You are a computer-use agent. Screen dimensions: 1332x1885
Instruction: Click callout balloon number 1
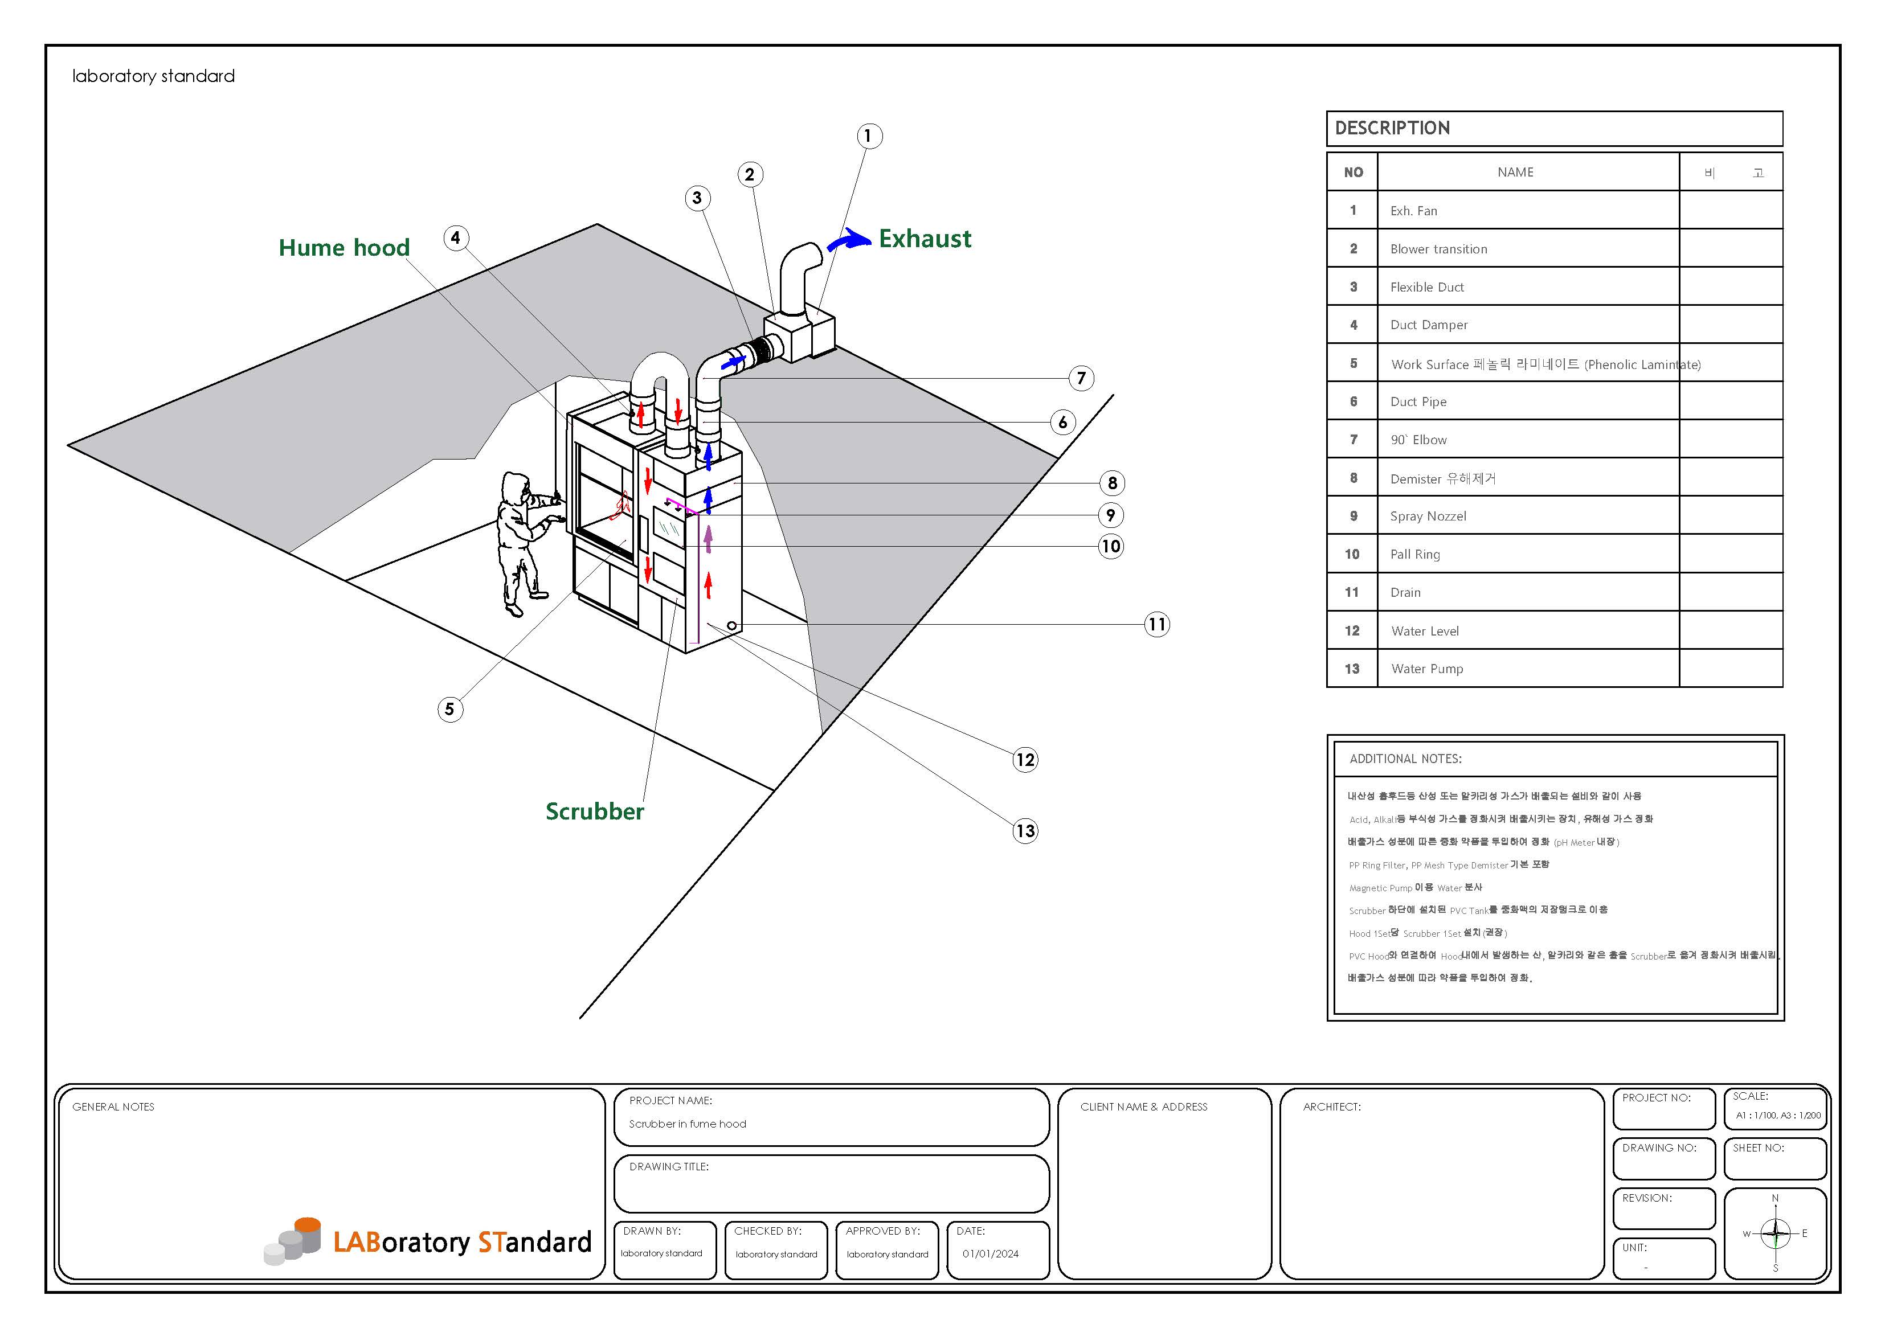pos(869,136)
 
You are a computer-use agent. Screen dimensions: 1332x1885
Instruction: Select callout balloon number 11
pos(1157,625)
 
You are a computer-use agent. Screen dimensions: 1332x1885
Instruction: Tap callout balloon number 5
pos(450,709)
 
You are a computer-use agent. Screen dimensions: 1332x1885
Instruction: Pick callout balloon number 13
pos(1025,830)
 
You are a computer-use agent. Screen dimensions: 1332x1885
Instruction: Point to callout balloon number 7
pos(1081,378)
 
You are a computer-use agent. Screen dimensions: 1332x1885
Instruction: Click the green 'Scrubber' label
pos(594,811)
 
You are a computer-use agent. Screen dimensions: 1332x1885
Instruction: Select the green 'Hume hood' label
pos(344,248)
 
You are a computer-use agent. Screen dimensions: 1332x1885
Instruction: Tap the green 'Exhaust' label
pos(925,239)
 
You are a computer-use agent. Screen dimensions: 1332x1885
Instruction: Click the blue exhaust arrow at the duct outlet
pos(848,240)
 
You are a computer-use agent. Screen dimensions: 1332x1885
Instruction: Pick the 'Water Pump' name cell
pos(1427,669)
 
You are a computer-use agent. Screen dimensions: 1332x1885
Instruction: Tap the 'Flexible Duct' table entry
pos(1427,287)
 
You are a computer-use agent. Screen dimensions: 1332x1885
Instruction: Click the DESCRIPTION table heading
pos(1392,128)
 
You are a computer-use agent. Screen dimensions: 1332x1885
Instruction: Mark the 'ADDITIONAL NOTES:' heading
pos(1405,759)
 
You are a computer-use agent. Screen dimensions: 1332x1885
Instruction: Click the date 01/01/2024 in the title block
pos(990,1254)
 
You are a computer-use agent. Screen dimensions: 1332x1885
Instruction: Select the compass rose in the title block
pos(1775,1233)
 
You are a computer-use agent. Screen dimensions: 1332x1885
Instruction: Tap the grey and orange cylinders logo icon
pos(293,1239)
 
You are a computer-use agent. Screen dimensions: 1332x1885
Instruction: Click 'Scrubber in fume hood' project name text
pos(687,1124)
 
